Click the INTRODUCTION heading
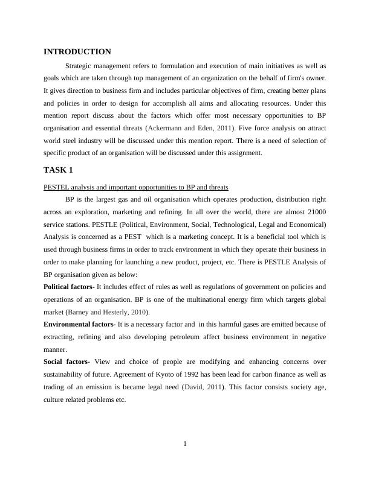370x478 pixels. click(x=77, y=52)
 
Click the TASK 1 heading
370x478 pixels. click(x=58, y=170)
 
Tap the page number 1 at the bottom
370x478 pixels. click(x=185, y=445)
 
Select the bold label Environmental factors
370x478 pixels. click(x=79, y=324)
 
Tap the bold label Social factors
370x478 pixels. click(x=65, y=362)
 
